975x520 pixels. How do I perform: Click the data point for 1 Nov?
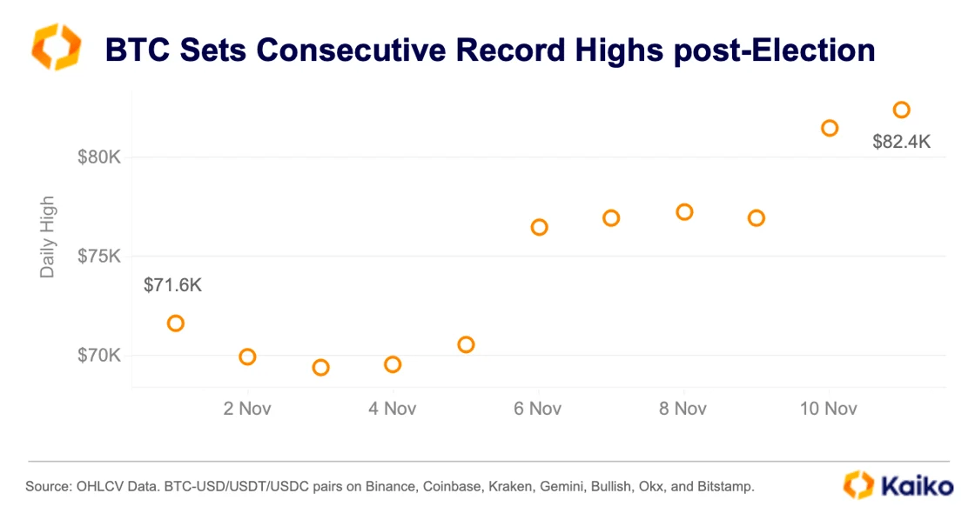[175, 323]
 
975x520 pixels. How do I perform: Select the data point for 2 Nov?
[247, 357]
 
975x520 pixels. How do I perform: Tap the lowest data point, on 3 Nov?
[320, 368]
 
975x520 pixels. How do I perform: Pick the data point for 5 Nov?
[466, 344]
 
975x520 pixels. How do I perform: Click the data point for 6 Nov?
[539, 227]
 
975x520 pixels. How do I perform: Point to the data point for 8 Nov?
[684, 212]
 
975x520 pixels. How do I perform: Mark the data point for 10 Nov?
[830, 128]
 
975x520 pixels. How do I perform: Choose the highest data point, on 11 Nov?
[902, 110]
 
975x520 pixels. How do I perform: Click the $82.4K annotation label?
[901, 142]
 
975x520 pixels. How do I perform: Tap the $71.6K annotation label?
[172, 285]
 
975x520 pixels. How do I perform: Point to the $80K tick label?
[98, 157]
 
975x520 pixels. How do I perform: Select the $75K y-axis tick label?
[98, 257]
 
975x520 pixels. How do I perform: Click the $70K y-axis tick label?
[98, 356]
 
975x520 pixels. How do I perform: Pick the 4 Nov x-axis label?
[393, 409]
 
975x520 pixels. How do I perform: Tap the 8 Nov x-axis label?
[683, 409]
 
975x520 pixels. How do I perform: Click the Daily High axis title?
[48, 237]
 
